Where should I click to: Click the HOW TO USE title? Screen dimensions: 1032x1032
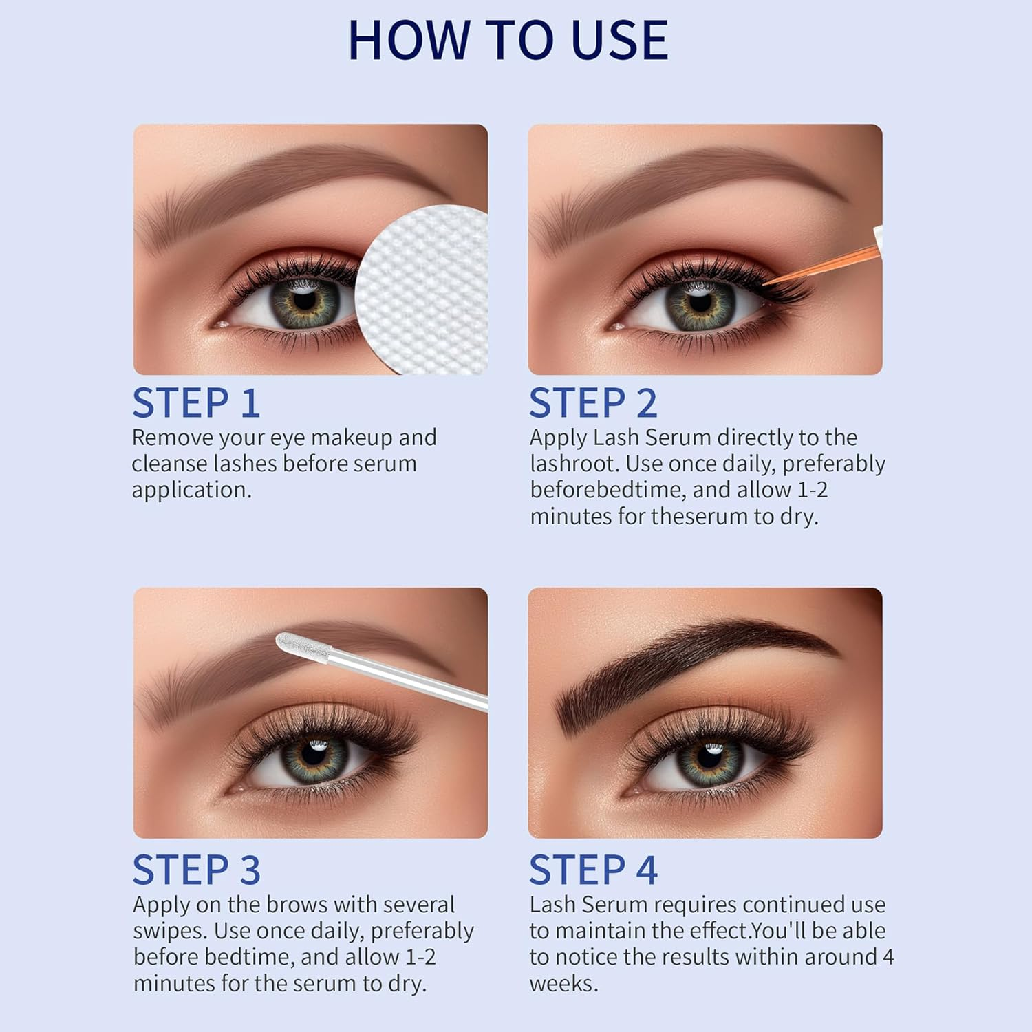coord(508,41)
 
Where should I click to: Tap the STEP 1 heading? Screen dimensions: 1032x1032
coord(196,403)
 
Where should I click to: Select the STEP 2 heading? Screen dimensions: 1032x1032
coord(593,403)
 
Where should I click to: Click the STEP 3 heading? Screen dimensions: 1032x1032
coord(196,870)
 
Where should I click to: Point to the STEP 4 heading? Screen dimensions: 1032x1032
coord(593,870)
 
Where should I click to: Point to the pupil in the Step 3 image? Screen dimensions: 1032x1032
coord(315,755)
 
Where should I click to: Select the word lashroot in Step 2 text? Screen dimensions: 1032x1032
coord(574,464)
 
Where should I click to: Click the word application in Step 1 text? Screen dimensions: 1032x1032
coord(191,490)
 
